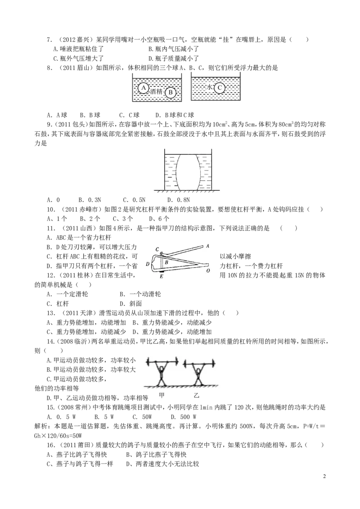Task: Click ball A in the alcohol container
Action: pos(143,88)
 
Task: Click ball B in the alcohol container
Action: pos(170,92)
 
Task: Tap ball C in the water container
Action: pos(220,87)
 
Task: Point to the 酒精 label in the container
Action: pos(156,91)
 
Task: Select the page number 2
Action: pos(324,477)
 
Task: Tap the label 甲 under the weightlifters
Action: pos(162,395)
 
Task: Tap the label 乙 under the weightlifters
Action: pos(196,395)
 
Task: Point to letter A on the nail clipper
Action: pos(207,246)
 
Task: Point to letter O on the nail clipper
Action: pos(208,270)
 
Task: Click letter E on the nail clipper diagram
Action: pos(162,276)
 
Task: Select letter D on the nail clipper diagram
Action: pos(148,264)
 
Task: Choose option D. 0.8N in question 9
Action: pos(178,200)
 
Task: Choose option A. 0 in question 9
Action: pos(53,200)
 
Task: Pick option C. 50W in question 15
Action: pos(142,417)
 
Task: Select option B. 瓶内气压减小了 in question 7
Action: pos(174,49)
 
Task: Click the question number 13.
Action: pos(51,313)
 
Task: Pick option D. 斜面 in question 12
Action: pos(130,304)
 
